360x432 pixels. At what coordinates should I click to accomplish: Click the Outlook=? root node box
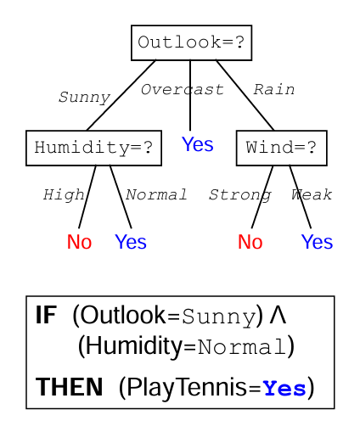(191, 42)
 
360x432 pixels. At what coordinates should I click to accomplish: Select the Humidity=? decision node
(93, 148)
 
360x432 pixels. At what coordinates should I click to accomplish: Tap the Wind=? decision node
(282, 148)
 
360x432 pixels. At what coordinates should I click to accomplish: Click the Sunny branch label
(84, 98)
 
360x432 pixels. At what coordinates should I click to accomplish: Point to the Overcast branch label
(183, 90)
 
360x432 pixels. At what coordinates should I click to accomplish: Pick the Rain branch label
(273, 90)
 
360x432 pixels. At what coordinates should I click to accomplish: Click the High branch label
(64, 195)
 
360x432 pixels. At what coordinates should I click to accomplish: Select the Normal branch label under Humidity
(156, 194)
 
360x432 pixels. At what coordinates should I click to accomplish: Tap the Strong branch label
(240, 195)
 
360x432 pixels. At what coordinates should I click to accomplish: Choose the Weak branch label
(312, 194)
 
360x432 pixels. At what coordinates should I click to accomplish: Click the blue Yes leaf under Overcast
(197, 144)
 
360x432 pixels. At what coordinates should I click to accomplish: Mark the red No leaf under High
(79, 242)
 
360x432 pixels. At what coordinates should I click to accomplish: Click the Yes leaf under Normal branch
(131, 242)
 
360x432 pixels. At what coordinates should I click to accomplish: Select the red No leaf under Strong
(250, 242)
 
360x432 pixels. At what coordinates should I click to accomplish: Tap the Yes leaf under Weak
(317, 242)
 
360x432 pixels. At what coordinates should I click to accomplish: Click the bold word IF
(46, 315)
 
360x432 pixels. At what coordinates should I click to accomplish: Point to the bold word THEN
(69, 387)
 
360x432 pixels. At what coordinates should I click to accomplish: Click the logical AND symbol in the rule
(278, 315)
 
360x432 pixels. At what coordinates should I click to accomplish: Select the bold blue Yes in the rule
(284, 388)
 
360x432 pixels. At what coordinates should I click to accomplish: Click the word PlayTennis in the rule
(187, 388)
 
